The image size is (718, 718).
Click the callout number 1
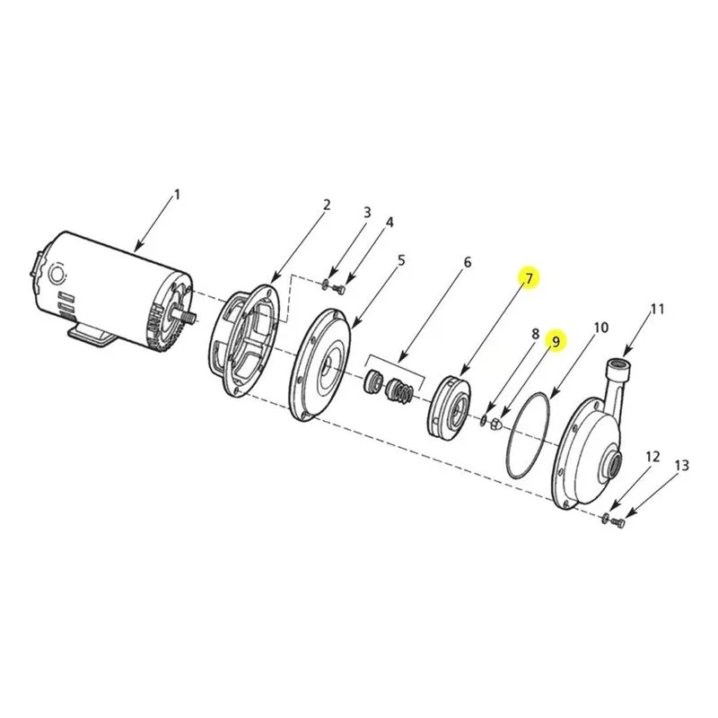tap(177, 195)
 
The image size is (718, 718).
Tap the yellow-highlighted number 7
tap(530, 278)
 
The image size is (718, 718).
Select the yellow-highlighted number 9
tap(556, 342)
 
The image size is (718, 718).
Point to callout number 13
tap(682, 466)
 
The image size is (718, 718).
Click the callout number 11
tap(657, 310)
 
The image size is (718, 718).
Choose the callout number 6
tap(467, 262)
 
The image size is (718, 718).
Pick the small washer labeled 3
tap(324, 285)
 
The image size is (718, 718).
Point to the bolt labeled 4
tap(339, 288)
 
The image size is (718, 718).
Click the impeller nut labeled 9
tap(495, 425)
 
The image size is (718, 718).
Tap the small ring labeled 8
tap(484, 420)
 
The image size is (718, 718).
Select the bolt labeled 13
tap(618, 521)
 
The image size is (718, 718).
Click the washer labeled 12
tap(604, 518)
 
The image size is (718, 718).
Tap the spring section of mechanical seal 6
tap(405, 393)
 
